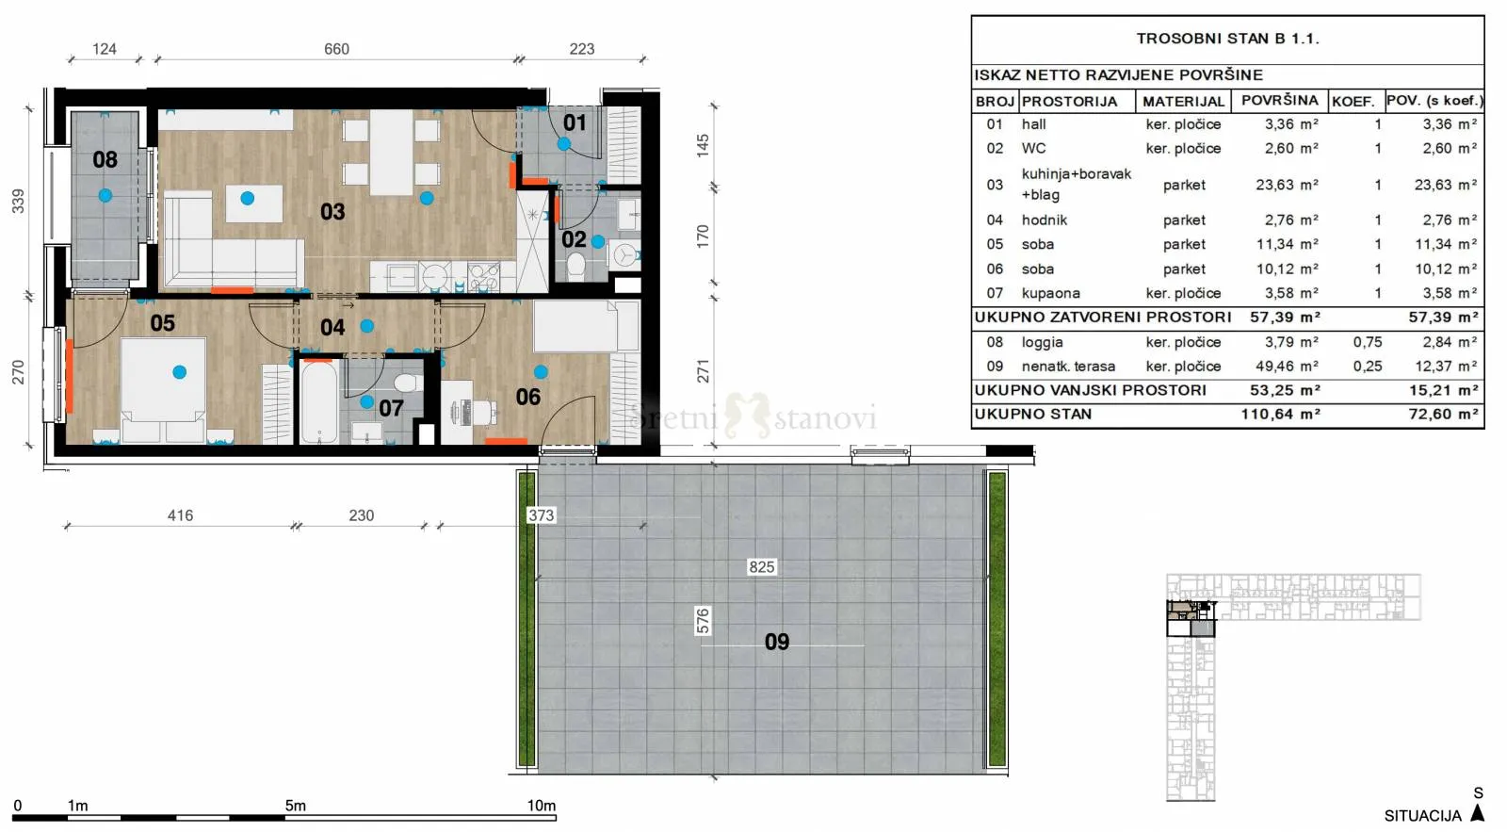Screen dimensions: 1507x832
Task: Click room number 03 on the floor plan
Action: click(x=332, y=212)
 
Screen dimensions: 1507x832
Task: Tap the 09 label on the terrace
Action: click(x=777, y=642)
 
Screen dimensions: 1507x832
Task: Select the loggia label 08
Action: click(x=105, y=159)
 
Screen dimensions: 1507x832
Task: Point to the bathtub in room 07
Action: click(x=319, y=402)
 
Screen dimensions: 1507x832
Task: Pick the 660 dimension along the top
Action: click(x=336, y=49)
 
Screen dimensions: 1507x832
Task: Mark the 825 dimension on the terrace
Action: click(x=762, y=567)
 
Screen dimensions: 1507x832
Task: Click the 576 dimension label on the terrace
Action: click(x=703, y=621)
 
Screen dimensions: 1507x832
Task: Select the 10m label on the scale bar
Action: click(x=541, y=805)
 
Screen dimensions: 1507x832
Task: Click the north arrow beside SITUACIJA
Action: click(x=1478, y=813)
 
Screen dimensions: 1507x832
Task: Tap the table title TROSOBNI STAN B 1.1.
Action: click(x=1228, y=39)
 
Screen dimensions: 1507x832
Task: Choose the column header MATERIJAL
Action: click(x=1183, y=102)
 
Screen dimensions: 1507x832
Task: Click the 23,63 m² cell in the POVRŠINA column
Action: click(x=1287, y=185)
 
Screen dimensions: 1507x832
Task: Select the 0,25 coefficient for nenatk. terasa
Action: click(x=1368, y=367)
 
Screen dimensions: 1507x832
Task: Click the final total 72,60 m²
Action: click(x=1443, y=414)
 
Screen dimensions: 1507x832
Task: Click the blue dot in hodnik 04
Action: click(x=366, y=326)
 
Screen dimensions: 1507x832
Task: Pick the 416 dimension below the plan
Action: click(x=180, y=515)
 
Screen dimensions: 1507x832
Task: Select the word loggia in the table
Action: click(x=1042, y=343)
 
